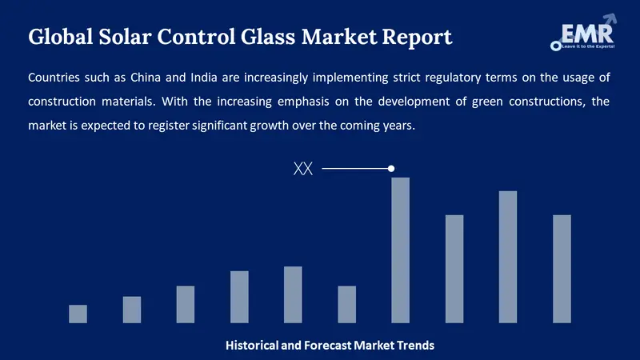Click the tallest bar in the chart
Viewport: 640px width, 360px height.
click(400, 250)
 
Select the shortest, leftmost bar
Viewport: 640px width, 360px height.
click(78, 314)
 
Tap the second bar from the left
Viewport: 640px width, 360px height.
click(132, 310)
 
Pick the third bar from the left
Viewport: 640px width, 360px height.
click(186, 304)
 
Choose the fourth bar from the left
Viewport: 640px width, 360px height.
click(239, 297)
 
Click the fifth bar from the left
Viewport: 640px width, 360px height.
click(293, 294)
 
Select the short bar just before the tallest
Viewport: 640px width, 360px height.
click(346, 304)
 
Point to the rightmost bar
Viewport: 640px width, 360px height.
click(562, 269)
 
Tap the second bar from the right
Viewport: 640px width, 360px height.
click(508, 257)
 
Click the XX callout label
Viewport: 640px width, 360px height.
click(303, 169)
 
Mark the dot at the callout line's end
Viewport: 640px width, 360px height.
click(391, 169)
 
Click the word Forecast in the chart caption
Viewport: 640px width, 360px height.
click(332, 346)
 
